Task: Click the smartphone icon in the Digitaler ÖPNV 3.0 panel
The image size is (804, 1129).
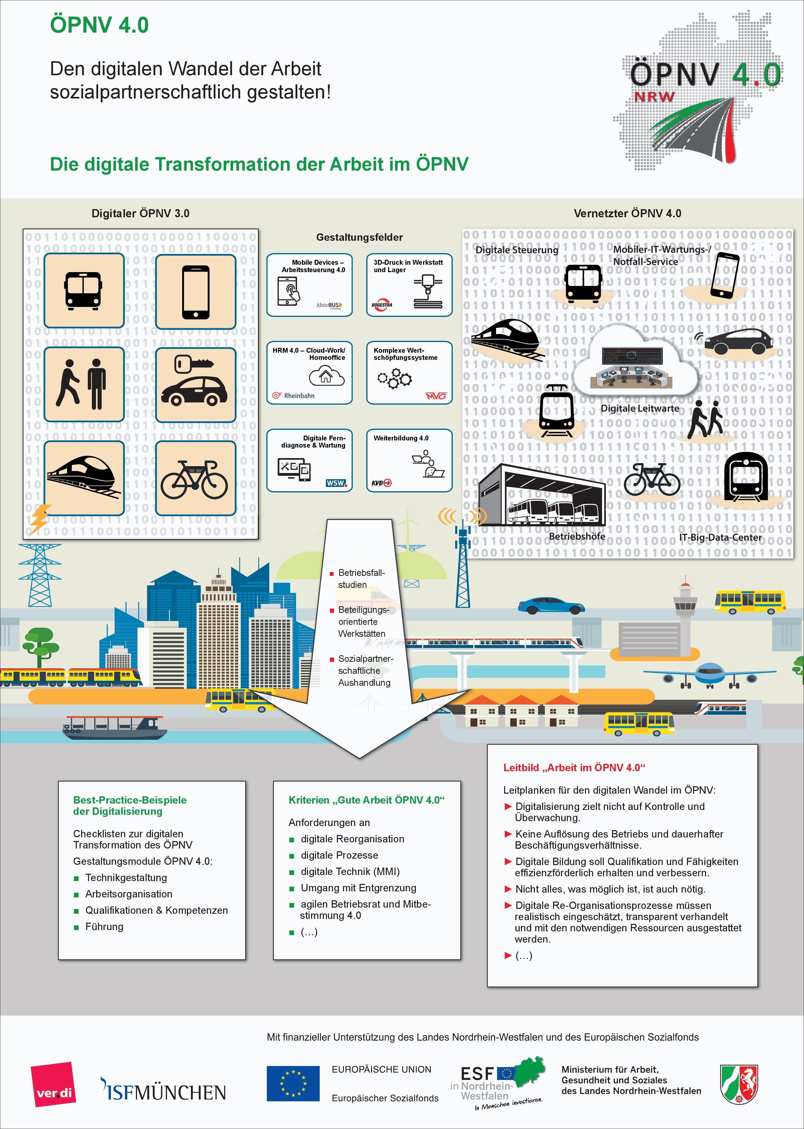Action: pos(196,292)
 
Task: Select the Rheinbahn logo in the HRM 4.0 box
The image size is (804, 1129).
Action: pos(293,396)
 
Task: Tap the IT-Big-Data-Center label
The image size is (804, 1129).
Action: pos(720,537)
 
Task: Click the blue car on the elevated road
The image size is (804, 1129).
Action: pos(551,605)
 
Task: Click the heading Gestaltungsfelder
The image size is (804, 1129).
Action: pos(360,237)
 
